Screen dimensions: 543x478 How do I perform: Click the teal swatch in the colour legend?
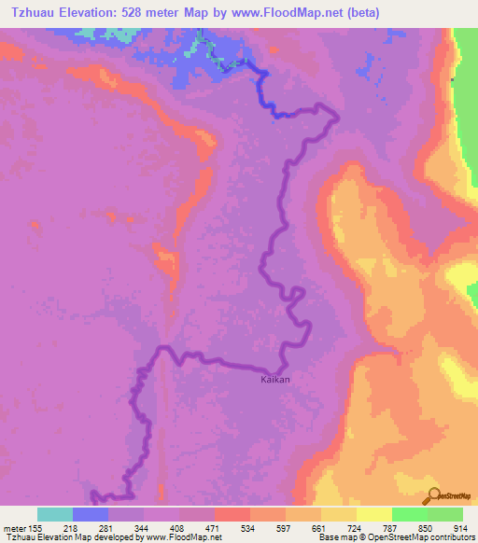[55, 514]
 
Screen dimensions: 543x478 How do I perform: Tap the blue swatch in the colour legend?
[91, 514]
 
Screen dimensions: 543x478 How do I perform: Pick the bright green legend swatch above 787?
[410, 514]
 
